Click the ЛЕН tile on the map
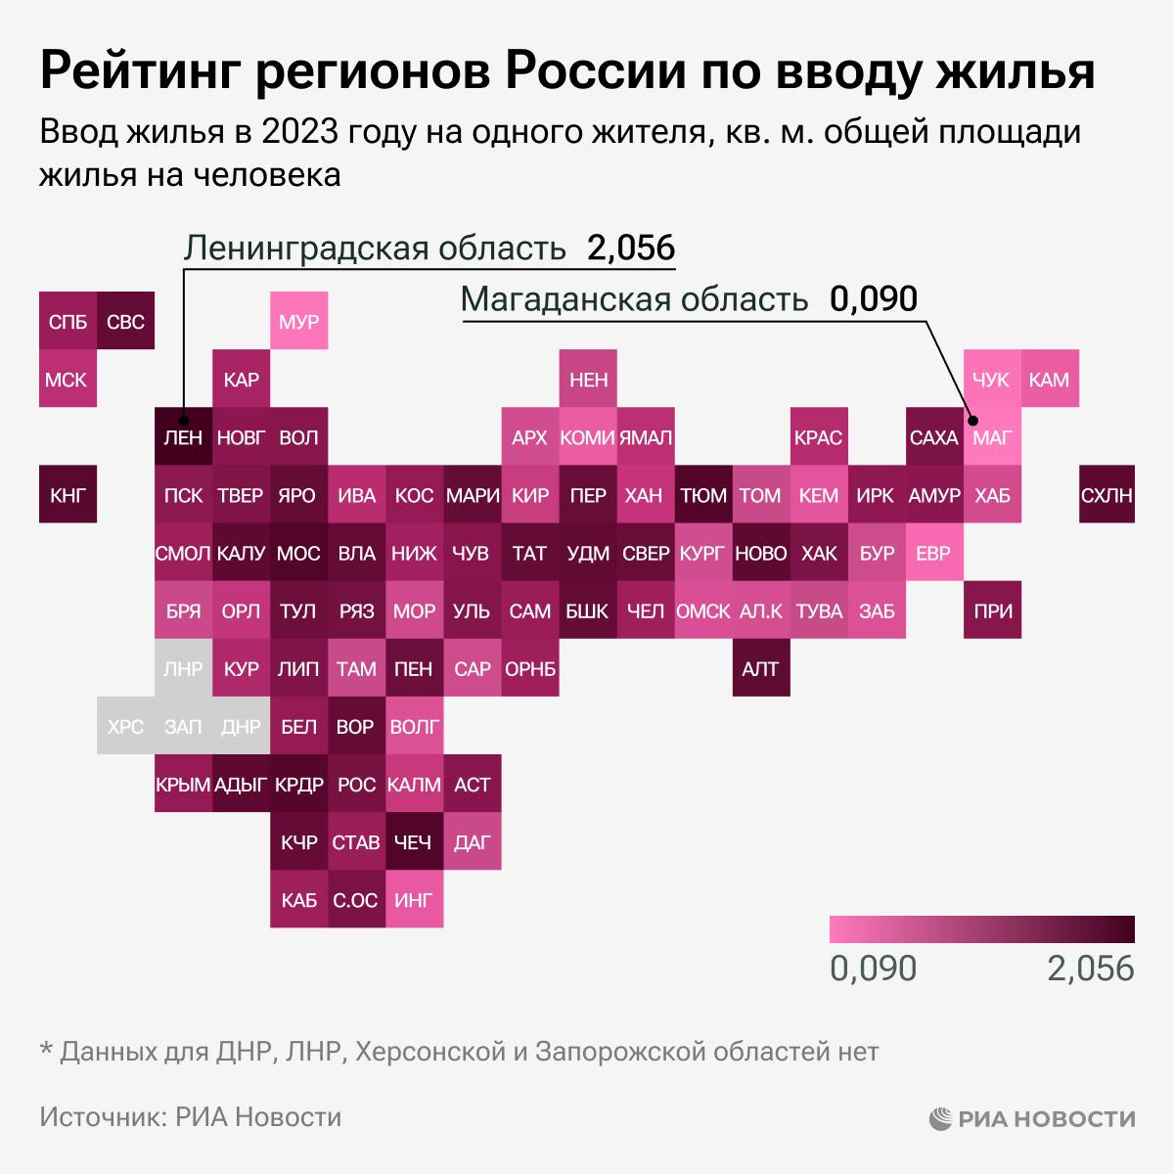[x=183, y=437]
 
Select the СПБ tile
[x=68, y=321]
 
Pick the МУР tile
[x=298, y=321]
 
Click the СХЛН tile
[x=1106, y=495]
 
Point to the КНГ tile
[x=68, y=495]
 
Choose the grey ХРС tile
[x=125, y=727]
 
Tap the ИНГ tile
[x=414, y=900]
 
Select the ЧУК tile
[x=991, y=380]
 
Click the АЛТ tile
[x=760, y=669]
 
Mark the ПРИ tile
[x=991, y=611]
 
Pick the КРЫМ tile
[x=183, y=785]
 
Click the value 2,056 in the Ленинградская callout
[x=631, y=248]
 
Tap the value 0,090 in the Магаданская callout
[x=874, y=298]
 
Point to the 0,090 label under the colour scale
[x=873, y=968]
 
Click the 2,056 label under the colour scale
[x=1090, y=968]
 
